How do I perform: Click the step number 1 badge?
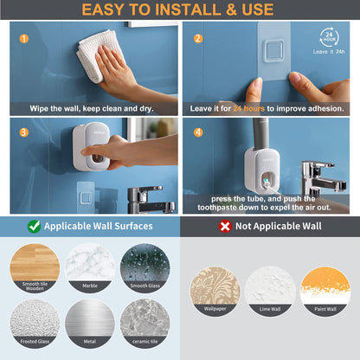click(x=23, y=39)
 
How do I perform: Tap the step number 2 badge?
click(x=197, y=39)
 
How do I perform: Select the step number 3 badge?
click(x=23, y=132)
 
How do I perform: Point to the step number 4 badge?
click(x=197, y=132)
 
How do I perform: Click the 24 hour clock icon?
click(x=328, y=38)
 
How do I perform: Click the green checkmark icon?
click(x=33, y=226)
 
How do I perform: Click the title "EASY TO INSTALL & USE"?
click(x=179, y=10)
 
